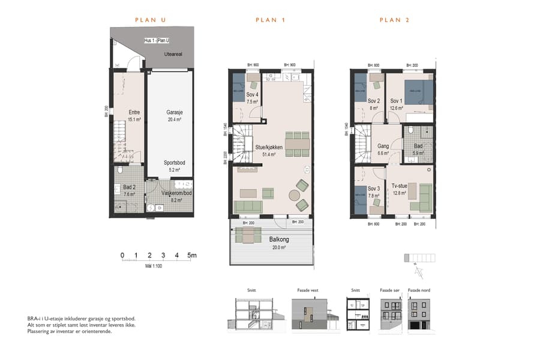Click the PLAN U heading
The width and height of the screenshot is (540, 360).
tap(151, 20)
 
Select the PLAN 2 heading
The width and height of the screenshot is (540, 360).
tap(394, 20)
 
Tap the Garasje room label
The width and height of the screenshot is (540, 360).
tap(175, 112)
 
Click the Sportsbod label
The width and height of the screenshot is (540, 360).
tap(175, 163)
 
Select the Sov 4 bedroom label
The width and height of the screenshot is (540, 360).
tap(252, 95)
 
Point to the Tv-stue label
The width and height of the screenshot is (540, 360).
tap(400, 186)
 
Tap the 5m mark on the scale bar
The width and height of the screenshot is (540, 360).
tap(192, 256)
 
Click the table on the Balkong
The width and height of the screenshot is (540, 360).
tap(248, 237)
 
